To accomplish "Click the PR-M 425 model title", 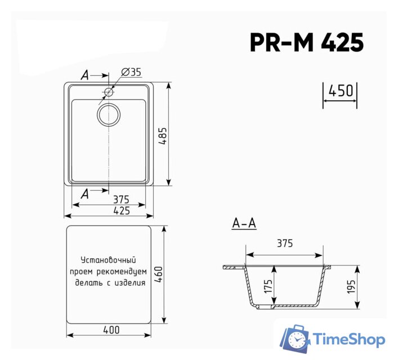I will click(x=307, y=42).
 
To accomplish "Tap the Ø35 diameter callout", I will click(x=131, y=72).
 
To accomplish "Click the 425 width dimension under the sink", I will click(x=122, y=210).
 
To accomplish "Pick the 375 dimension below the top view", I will click(x=121, y=199).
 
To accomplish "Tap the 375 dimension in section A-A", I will click(x=285, y=243).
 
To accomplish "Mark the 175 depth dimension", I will click(x=268, y=287).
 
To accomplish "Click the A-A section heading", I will click(x=244, y=224).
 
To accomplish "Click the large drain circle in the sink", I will click(x=109, y=114).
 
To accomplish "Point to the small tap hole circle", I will click(x=109, y=92).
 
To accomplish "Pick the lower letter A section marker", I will click(x=85, y=194).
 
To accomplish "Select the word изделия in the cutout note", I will click(x=128, y=283).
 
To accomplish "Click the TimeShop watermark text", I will click(x=349, y=339).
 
